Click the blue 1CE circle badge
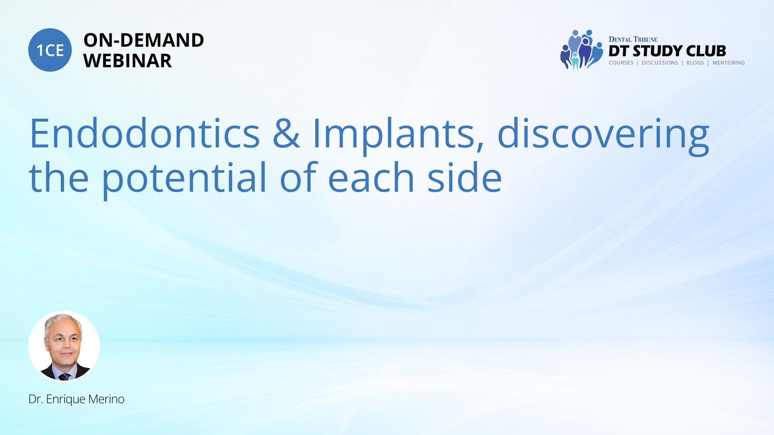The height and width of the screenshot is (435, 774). [x=50, y=50]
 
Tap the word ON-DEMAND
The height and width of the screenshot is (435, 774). [x=144, y=40]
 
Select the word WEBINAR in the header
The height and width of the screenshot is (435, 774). [x=127, y=61]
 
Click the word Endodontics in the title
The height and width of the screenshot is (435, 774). [x=145, y=133]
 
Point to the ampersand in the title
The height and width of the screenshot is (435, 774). [x=286, y=133]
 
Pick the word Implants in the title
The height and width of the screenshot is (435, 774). [x=398, y=135]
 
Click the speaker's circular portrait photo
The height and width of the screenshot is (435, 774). [x=64, y=346]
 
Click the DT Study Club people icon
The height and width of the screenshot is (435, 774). [x=582, y=50]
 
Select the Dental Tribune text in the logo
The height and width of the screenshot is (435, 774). [x=633, y=39]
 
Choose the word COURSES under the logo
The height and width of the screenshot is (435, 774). [x=621, y=63]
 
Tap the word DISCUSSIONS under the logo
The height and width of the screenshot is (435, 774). [x=660, y=63]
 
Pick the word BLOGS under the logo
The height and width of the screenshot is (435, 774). [x=695, y=63]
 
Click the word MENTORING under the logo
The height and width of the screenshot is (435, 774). [x=728, y=63]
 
